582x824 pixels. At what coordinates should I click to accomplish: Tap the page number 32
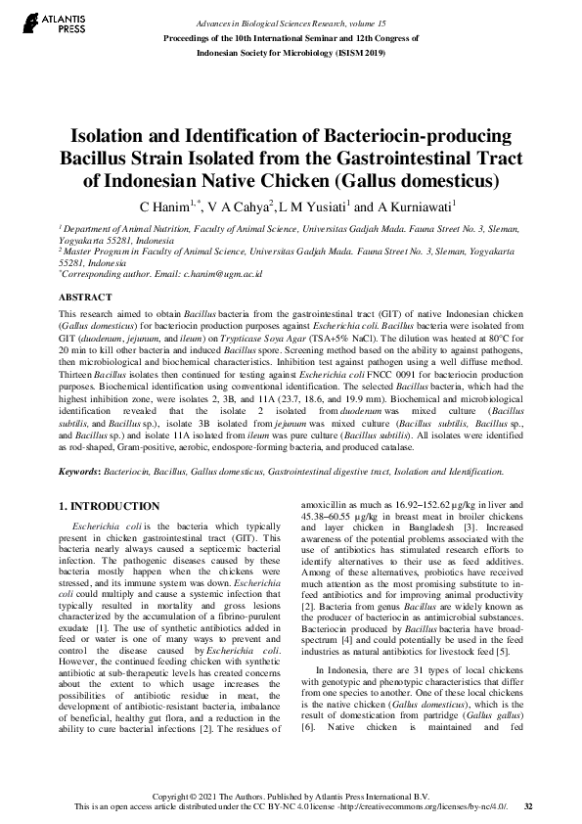click(528, 806)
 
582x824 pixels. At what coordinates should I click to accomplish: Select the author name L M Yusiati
click(312, 206)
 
